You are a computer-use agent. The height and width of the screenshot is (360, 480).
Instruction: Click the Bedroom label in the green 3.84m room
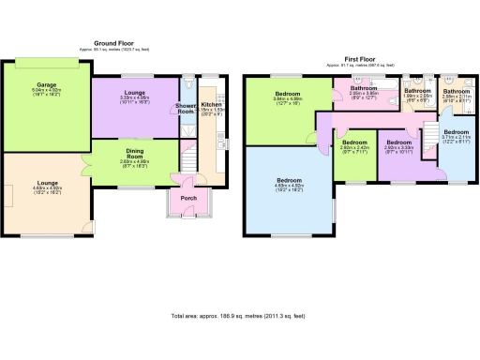pyautogui.click(x=288, y=94)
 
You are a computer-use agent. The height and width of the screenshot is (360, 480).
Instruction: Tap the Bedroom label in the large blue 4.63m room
pyautogui.click(x=288, y=179)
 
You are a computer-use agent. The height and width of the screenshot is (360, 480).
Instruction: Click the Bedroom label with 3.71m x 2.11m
pyautogui.click(x=456, y=132)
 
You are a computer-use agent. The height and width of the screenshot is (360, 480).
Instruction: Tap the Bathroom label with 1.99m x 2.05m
pyautogui.click(x=417, y=90)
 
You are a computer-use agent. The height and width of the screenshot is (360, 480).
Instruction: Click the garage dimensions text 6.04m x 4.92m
pyautogui.click(x=47, y=90)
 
